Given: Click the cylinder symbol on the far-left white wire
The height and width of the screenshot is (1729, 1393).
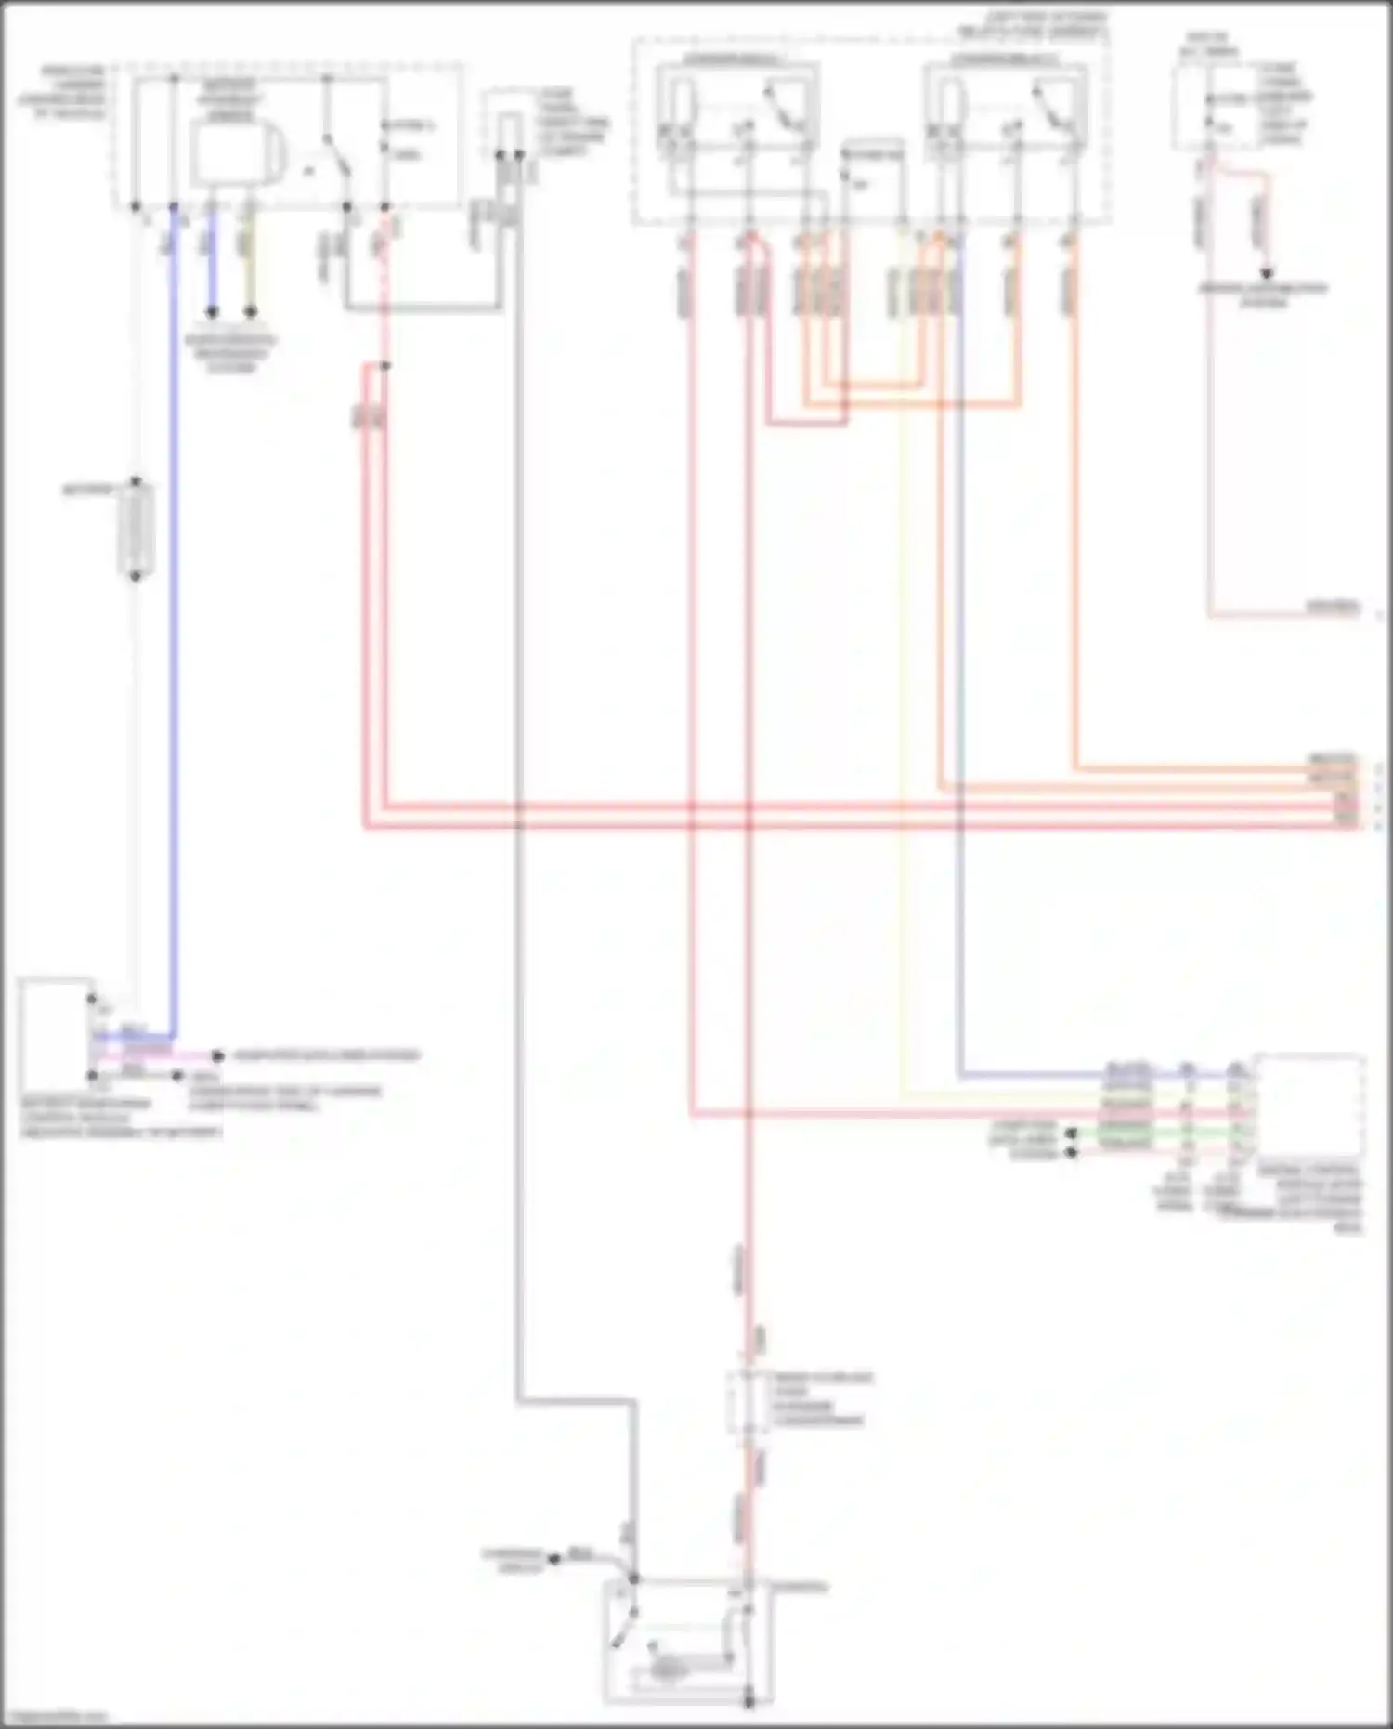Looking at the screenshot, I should coord(136,530).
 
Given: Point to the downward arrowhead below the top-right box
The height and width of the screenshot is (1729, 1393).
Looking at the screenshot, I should coord(1264,274).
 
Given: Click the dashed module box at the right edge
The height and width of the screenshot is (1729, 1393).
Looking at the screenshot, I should coord(1309,1106).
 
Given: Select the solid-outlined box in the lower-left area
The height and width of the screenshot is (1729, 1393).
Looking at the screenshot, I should coord(54,1031).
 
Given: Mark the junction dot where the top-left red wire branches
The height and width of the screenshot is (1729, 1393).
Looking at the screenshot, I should coord(385,366).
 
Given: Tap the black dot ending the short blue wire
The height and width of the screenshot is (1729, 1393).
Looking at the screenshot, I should coord(212,312).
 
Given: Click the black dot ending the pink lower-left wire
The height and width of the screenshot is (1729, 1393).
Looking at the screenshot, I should coord(217,1055).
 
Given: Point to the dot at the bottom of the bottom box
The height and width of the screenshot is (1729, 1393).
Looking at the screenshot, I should coord(749,1702).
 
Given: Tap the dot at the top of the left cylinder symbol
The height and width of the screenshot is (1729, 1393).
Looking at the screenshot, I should coord(136,482).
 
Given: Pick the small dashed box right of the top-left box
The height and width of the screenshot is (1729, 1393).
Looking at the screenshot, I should coord(509,135).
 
